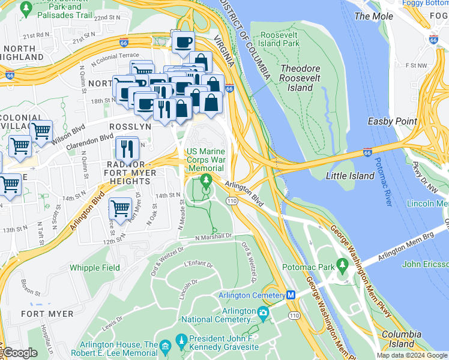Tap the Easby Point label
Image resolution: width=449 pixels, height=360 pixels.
(x=393, y=121)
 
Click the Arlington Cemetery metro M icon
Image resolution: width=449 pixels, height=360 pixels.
(x=291, y=295)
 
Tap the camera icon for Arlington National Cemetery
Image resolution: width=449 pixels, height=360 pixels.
(x=263, y=313)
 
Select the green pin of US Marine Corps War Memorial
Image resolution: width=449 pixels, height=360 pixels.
(x=207, y=181)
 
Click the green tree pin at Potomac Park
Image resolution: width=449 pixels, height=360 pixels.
(x=342, y=265)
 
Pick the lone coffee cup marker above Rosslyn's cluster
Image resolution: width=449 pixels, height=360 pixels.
(x=183, y=43)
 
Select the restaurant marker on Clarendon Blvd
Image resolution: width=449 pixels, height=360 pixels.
(x=127, y=146)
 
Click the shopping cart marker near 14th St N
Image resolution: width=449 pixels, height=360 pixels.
(x=121, y=209)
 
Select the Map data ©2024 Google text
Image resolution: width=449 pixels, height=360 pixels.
(x=411, y=355)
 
